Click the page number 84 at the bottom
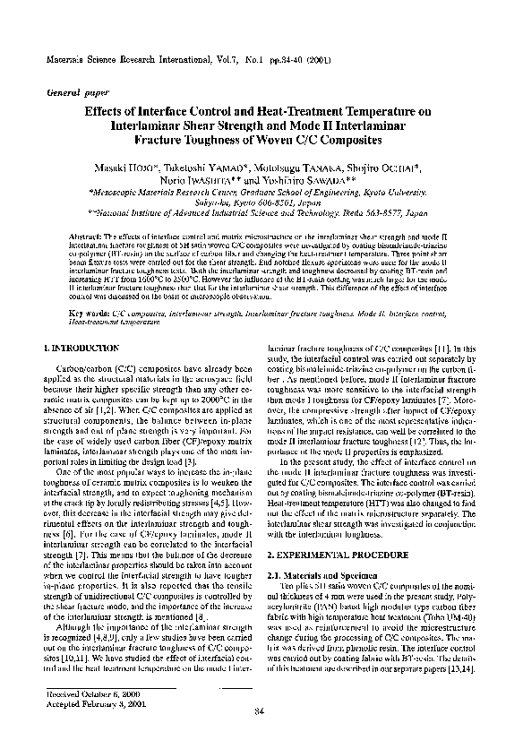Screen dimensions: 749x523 click(260, 711)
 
